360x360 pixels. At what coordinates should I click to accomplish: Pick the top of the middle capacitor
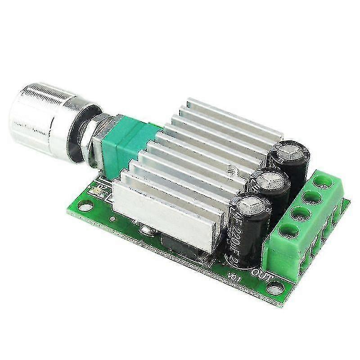(273, 182)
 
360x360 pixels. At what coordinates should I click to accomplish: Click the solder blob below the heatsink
(145, 231)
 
